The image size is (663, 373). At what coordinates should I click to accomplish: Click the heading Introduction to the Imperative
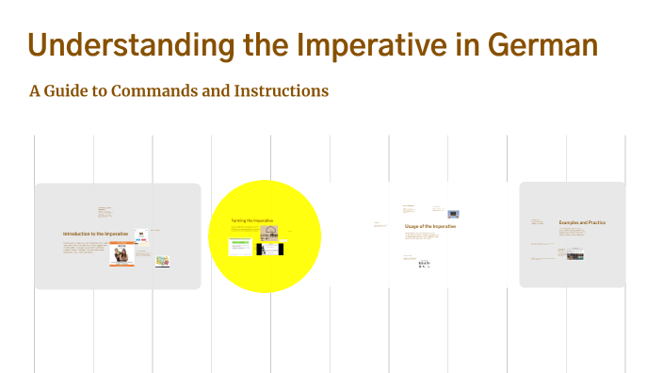96,234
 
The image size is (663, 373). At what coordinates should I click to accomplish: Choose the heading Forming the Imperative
252,220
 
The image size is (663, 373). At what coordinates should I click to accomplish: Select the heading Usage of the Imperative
430,227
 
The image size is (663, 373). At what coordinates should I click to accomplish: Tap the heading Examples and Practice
582,223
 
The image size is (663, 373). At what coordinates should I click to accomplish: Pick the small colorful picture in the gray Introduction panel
161,261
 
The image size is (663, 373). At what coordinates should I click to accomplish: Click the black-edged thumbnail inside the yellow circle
268,250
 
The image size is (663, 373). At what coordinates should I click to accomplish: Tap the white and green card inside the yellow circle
239,247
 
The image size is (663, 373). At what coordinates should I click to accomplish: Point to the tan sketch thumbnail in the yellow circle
269,231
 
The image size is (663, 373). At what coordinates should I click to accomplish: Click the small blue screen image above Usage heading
453,214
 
